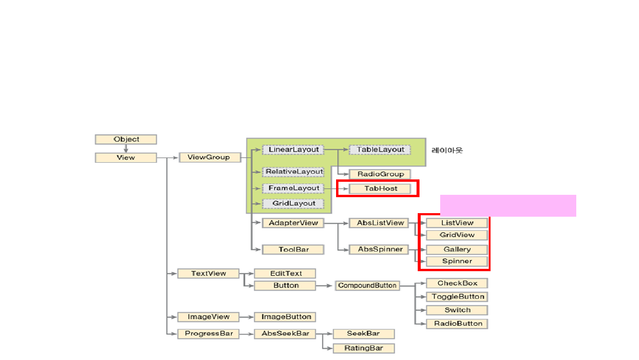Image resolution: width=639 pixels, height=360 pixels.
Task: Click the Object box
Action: [x=126, y=140]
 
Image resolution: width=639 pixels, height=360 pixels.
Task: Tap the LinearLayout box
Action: [x=293, y=150]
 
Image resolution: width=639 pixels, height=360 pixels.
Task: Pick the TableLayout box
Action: [x=380, y=150]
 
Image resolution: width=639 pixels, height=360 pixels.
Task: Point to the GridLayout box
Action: [x=293, y=204]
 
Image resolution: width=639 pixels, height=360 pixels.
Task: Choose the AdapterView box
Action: [x=293, y=223]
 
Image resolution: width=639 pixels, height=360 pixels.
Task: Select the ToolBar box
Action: [x=293, y=250]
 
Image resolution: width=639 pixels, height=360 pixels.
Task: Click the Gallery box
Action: [x=457, y=249]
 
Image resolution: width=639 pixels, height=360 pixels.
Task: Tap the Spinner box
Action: [x=457, y=261]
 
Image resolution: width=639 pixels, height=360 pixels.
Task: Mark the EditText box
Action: [x=285, y=274]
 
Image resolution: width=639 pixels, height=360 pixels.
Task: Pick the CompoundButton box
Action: [x=367, y=286]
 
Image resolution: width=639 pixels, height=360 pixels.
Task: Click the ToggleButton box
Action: [x=457, y=297]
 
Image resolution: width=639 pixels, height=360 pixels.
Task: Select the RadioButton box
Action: [x=457, y=323]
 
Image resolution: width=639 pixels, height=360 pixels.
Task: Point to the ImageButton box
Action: [x=285, y=317]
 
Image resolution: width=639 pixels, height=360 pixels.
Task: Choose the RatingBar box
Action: [x=363, y=348]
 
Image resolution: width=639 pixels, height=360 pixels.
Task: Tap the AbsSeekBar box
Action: [x=285, y=334]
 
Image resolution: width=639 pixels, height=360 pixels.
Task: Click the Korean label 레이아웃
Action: [x=447, y=150]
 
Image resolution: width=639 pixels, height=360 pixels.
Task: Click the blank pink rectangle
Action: [x=508, y=205]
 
